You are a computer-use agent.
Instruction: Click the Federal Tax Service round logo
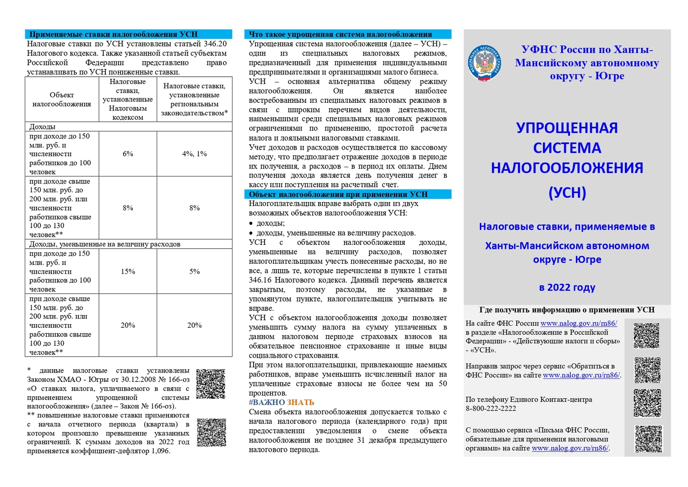(484, 63)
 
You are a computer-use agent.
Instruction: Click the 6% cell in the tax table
(128, 154)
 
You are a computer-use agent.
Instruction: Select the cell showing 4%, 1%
(194, 154)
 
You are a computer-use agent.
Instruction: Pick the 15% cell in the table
(128, 271)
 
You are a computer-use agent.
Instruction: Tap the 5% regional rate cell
(194, 271)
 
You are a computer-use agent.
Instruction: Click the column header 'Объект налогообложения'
(62, 100)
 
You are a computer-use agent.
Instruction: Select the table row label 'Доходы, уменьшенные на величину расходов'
(105, 244)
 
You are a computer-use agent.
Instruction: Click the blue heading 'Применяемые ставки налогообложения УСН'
(113, 34)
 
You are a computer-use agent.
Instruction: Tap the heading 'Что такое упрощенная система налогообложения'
(340, 34)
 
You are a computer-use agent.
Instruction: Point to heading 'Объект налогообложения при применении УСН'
(338, 194)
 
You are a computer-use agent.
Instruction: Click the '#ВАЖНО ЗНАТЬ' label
(281, 402)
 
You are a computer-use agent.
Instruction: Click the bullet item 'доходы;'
(270, 223)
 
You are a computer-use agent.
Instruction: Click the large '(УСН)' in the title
(567, 193)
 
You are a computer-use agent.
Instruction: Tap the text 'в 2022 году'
(567, 287)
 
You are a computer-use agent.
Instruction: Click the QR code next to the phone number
(647, 403)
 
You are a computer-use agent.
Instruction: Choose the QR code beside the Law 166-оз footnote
(210, 384)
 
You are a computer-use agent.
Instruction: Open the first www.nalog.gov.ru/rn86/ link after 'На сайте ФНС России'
(579, 323)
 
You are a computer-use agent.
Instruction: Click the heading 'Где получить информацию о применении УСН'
(567, 310)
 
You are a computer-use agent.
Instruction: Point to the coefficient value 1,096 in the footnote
(160, 451)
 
